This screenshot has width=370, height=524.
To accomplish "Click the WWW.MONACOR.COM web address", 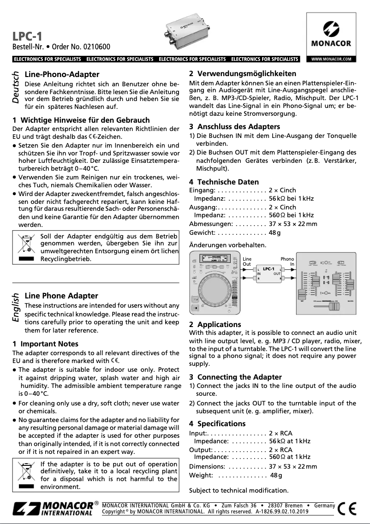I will pyautogui.click(x=331, y=59).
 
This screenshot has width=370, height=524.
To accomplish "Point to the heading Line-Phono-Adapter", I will pyautogui.click(x=62, y=74).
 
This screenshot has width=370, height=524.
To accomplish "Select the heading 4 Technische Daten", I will pyautogui.click(x=224, y=182).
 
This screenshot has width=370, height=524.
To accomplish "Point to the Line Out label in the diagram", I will pyautogui.click(x=247, y=262).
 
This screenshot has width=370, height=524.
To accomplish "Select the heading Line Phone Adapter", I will pyautogui.click(x=61, y=296).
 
